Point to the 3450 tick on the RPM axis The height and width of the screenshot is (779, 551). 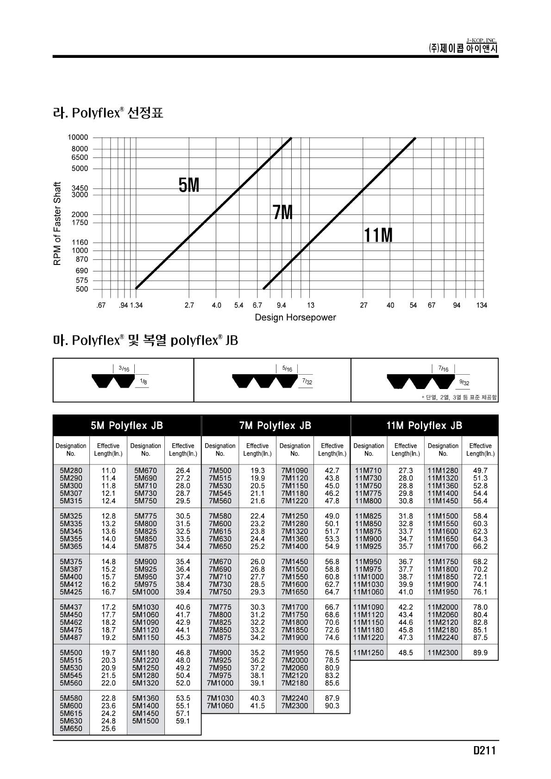(79, 188)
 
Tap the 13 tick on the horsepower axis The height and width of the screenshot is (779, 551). (310, 305)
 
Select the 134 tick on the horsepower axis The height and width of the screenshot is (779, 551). (482, 305)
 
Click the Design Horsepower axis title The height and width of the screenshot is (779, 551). (295, 317)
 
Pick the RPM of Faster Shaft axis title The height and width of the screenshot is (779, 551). (57, 224)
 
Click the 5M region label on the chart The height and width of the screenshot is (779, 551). (189, 186)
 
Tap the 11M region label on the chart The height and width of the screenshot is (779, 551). (378, 236)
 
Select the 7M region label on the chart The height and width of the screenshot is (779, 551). (282, 213)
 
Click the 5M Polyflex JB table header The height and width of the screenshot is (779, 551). (127, 426)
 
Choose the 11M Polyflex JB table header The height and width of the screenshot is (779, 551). (424, 426)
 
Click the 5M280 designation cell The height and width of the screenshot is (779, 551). (71, 471)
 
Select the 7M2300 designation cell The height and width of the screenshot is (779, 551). (294, 706)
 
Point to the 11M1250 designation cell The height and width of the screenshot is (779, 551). (369, 653)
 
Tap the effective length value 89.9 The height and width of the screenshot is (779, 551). (480, 653)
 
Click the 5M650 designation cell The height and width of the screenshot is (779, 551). (71, 729)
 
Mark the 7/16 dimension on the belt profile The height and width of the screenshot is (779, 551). (443, 369)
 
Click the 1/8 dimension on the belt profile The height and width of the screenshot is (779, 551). (144, 382)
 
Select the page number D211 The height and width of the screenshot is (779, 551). (484, 751)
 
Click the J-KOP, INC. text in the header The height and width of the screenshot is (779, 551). (481, 41)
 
